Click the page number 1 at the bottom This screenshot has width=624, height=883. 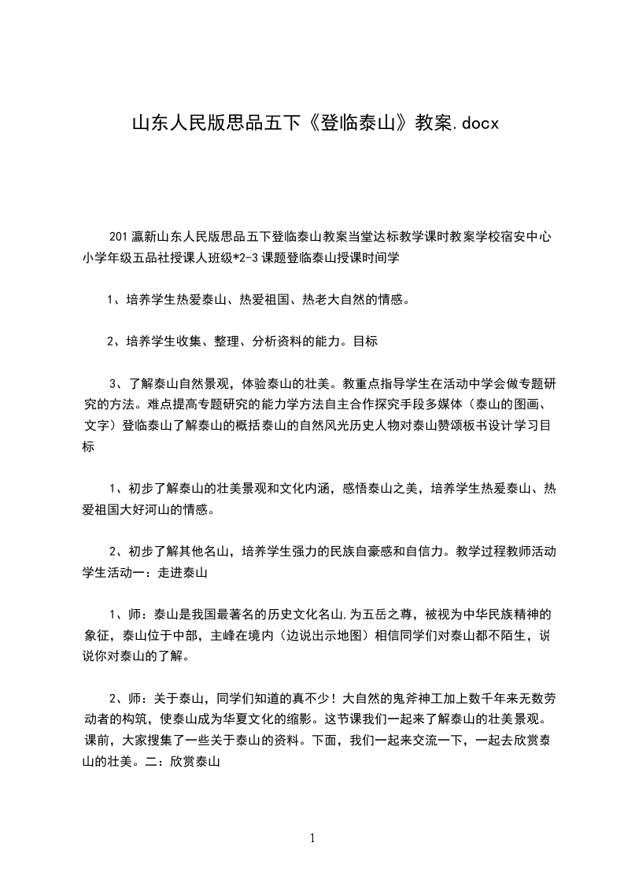(312, 839)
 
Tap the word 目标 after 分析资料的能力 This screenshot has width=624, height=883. (366, 342)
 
